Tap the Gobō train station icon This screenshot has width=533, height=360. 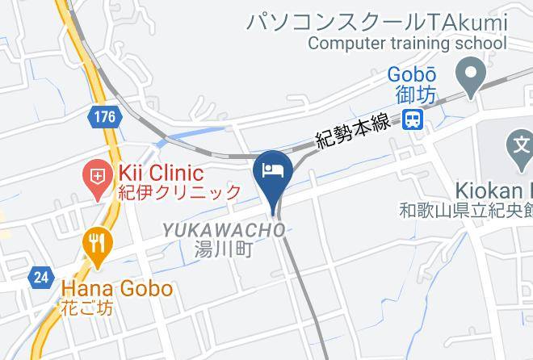point(413,120)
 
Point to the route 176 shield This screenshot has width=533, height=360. point(103,118)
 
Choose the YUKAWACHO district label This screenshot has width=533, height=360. point(224,231)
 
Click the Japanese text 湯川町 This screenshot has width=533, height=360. point(224,250)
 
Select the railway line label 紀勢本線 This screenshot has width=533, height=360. point(354,131)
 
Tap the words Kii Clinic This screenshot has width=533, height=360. point(160,173)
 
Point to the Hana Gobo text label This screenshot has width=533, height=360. point(116,288)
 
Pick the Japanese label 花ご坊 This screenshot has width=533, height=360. point(86,308)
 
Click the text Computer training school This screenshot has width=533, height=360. point(406,44)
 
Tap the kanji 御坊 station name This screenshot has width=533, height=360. point(416,94)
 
